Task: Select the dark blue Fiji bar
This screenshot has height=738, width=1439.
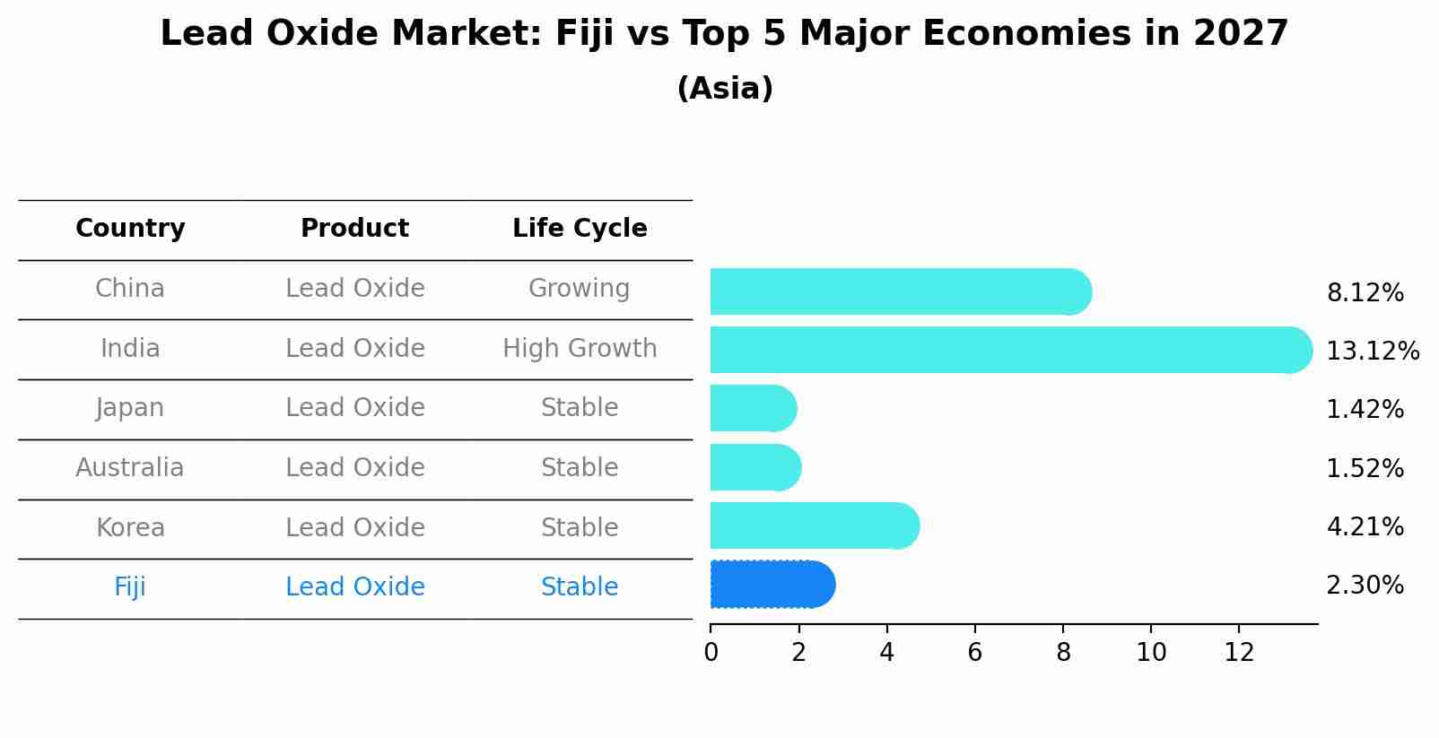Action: pos(772,585)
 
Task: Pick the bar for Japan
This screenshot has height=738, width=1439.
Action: pos(753,408)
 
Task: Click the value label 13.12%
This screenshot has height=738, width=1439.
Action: pos(1372,352)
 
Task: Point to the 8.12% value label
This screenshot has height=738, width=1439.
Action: pos(1365,293)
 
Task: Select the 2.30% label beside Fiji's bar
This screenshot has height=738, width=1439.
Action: pos(1365,586)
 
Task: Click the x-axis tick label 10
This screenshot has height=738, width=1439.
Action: pos(1151,654)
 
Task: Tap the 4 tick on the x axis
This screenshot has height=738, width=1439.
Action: pos(886,654)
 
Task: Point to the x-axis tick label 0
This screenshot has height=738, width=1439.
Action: pos(711,654)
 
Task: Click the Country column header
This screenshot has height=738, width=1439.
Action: pos(130,229)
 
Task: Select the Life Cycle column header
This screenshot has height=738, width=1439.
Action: pos(580,229)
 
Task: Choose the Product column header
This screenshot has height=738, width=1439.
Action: pos(354,229)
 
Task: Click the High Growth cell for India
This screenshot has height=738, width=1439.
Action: pos(580,349)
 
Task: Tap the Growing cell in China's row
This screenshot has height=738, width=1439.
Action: pos(579,289)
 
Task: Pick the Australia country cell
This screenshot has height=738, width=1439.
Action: pos(130,468)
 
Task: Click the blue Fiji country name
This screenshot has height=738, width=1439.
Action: pos(130,587)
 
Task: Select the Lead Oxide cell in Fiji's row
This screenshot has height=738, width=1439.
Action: pos(354,587)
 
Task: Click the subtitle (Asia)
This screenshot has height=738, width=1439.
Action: pos(725,89)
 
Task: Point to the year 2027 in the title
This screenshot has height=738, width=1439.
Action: pos(1241,34)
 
